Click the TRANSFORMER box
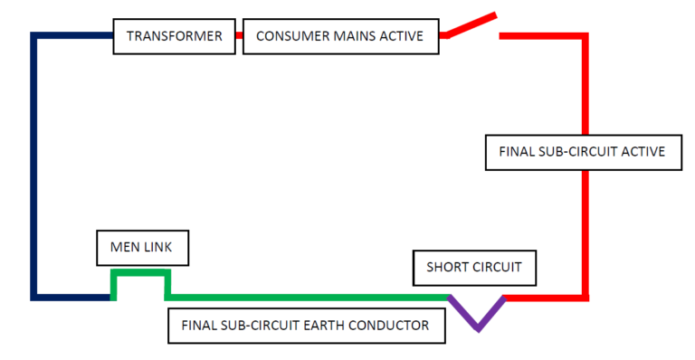pyautogui.click(x=174, y=35)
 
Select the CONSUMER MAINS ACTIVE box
pyautogui.click(x=341, y=35)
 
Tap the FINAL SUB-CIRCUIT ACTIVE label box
pyautogui.click(x=582, y=151)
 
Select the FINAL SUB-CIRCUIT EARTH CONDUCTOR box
pyautogui.click(x=307, y=325)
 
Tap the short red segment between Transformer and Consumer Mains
pyautogui.click(x=239, y=35)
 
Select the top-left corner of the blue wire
pyautogui.click(x=34, y=36)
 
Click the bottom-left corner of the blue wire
pyautogui.click(x=34, y=297)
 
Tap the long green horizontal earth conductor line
pyautogui.click(x=308, y=297)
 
